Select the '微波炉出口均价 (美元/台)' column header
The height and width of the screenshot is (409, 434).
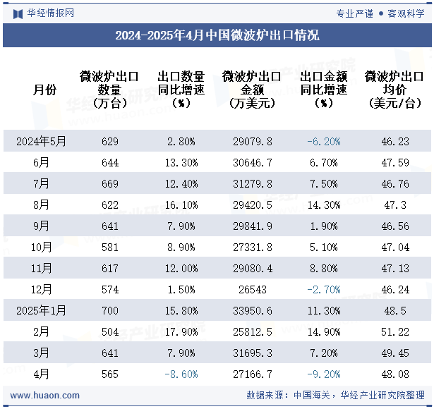coord(394,90)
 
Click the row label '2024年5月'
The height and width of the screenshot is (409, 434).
coord(42,142)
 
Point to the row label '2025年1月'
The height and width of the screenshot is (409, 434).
coord(42,311)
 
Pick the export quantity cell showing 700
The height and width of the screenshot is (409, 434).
coord(110,311)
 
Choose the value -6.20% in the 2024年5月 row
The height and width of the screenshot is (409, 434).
coord(324,142)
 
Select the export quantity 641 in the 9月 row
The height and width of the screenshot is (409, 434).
coord(110,226)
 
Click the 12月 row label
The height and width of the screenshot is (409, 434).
coord(42,290)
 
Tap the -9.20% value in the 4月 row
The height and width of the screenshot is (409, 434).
coord(324,374)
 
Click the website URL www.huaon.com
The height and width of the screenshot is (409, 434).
coord(45,396)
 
